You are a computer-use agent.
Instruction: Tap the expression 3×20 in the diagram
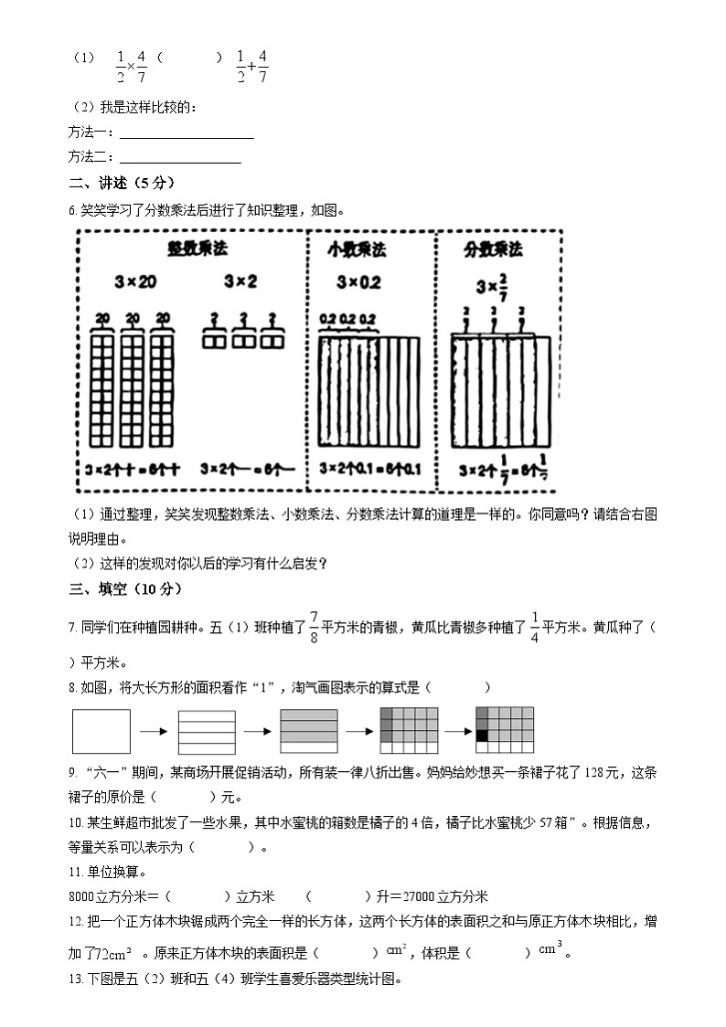tap(135, 281)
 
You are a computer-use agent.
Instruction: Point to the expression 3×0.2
tap(358, 281)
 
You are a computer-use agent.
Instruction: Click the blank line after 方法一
tap(187, 134)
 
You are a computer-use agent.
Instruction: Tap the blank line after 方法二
tap(180, 158)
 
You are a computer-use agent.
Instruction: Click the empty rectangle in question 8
tap(101, 730)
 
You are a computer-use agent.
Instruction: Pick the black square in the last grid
tap(482, 735)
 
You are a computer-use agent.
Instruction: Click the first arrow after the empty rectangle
tap(152, 731)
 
